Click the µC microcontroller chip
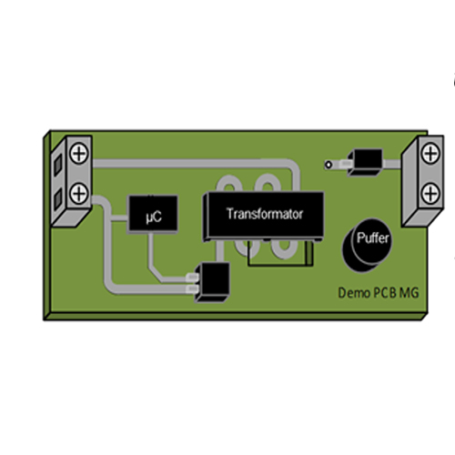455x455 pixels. [x=153, y=214]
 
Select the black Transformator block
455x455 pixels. [x=263, y=216]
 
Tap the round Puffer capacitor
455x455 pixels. [x=367, y=245]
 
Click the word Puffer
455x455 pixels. [x=372, y=238]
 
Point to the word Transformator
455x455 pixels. [x=265, y=214]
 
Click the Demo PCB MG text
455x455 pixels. [x=379, y=293]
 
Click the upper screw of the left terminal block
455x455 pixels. [x=79, y=153]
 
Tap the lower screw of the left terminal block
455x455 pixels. [x=79, y=193]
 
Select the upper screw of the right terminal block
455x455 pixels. [x=430, y=154]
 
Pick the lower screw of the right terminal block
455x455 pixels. [x=430, y=194]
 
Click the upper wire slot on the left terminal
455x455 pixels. [x=58, y=164]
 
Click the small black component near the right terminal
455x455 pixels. [x=365, y=162]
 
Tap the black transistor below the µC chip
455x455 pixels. [x=212, y=282]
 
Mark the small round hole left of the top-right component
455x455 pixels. [x=328, y=165]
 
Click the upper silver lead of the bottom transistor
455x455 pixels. [x=192, y=277]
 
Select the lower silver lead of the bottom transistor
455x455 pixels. [x=192, y=289]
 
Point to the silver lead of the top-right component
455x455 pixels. [x=346, y=165]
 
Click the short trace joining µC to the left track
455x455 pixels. [x=119, y=217]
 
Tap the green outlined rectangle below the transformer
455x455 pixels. [x=280, y=254]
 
